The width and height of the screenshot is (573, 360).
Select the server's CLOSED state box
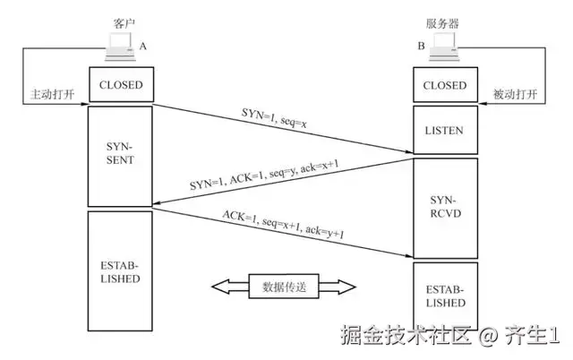(443, 86)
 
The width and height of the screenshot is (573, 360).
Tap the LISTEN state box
(443, 132)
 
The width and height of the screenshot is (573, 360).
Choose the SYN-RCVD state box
(443, 208)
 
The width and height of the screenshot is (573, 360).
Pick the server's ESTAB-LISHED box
(443, 296)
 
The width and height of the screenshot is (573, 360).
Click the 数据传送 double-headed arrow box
(284, 287)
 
